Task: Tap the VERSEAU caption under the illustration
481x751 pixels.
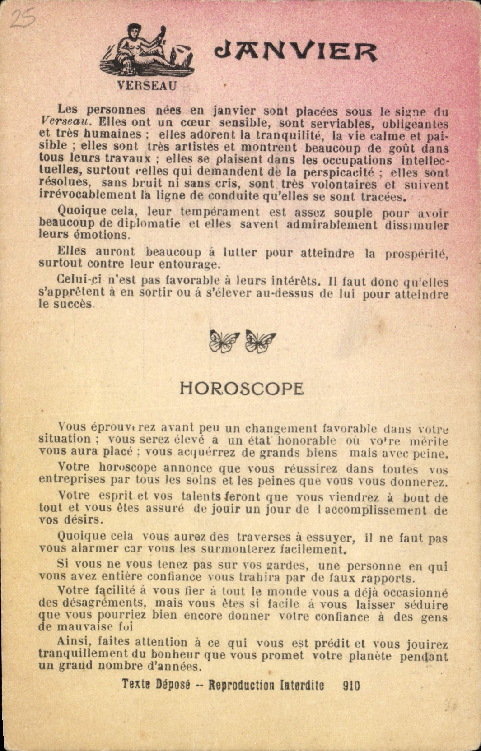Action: (147, 85)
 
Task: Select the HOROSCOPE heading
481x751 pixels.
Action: (242, 389)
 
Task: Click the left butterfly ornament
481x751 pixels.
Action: (224, 341)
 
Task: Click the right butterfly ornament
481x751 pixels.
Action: (260, 341)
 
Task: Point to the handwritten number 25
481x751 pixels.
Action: (22, 19)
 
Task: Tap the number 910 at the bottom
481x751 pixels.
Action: (351, 686)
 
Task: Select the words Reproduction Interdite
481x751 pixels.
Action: (266, 685)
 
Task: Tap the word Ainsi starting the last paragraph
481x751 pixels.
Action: (74, 641)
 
